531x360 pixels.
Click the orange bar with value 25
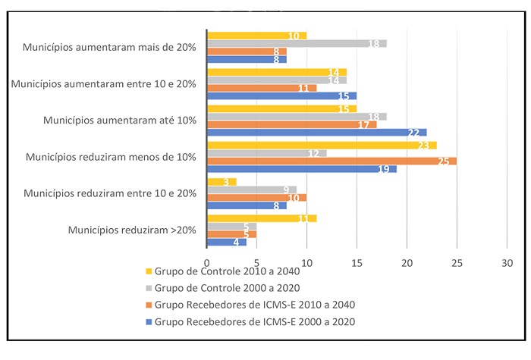coord(331,161)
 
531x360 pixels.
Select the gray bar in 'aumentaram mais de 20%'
coord(297,44)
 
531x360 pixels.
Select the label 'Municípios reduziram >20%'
coord(132,230)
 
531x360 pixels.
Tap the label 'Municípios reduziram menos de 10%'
coord(111,157)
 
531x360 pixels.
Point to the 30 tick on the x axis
coord(507,262)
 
